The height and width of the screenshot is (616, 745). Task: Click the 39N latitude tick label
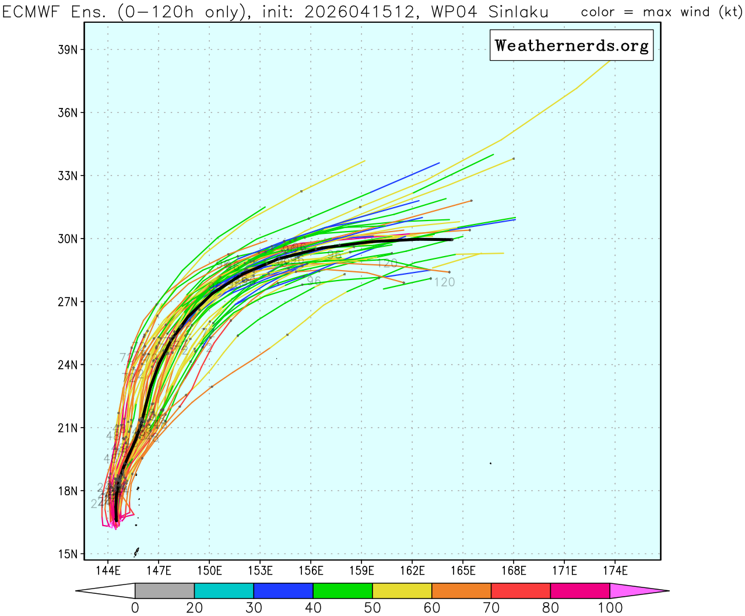(x=68, y=50)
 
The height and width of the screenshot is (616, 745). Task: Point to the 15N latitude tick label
(x=68, y=554)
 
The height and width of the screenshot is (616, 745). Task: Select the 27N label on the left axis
(x=68, y=302)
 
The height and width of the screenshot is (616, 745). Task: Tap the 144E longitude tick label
(x=108, y=570)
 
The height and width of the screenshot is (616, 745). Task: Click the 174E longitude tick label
(x=615, y=570)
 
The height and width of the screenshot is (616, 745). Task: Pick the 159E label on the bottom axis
(x=361, y=570)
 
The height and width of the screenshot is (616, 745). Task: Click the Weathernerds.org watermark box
(x=571, y=45)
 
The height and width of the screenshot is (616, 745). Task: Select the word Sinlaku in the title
(x=518, y=12)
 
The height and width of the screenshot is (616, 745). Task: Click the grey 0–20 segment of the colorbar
(x=164, y=590)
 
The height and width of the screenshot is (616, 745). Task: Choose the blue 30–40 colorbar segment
(x=283, y=590)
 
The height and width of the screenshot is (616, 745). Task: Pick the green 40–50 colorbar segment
(x=343, y=590)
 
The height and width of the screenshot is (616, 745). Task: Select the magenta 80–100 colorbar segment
(x=580, y=590)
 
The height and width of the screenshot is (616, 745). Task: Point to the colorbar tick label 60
(x=432, y=608)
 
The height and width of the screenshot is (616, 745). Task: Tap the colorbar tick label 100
(x=610, y=608)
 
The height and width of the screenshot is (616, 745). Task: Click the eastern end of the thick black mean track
(x=452, y=240)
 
